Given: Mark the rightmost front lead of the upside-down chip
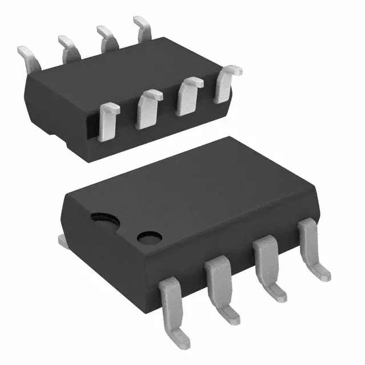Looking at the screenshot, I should tap(225, 84).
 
